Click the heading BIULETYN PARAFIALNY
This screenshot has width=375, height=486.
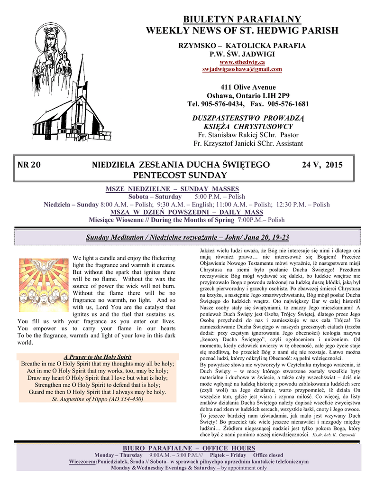tap(242, 19)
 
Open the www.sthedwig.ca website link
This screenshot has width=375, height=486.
tap(242, 62)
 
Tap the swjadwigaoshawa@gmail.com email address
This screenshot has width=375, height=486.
tap(242, 69)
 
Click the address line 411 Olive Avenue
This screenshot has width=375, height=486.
tap(242, 87)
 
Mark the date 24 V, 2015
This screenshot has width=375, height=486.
tap(322, 165)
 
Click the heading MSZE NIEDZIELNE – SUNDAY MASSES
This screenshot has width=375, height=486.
tap(172, 189)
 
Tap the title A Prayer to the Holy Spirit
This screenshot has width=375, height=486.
tap(98, 357)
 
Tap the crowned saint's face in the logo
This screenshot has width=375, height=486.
tap(51, 39)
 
